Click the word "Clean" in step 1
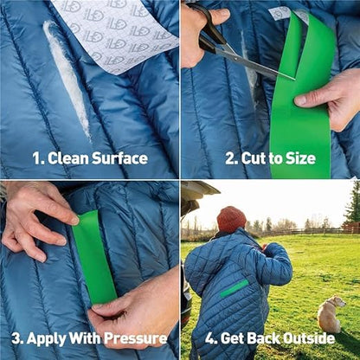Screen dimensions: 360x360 pyautogui.click(x=68, y=158)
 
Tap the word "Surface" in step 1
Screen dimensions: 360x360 pyautogui.click(x=119, y=158)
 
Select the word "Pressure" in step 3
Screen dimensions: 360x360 pyautogui.click(x=135, y=338)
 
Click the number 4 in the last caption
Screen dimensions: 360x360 pyautogui.click(x=209, y=338)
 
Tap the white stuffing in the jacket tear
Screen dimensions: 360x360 pyautogui.click(x=67, y=78)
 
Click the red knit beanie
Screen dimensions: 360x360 pyautogui.click(x=231, y=219)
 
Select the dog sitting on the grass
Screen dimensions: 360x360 pyautogui.click(x=331, y=314)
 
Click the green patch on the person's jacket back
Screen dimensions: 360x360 pyautogui.click(x=235, y=288)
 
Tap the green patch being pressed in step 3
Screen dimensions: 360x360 pyautogui.click(x=93, y=258)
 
